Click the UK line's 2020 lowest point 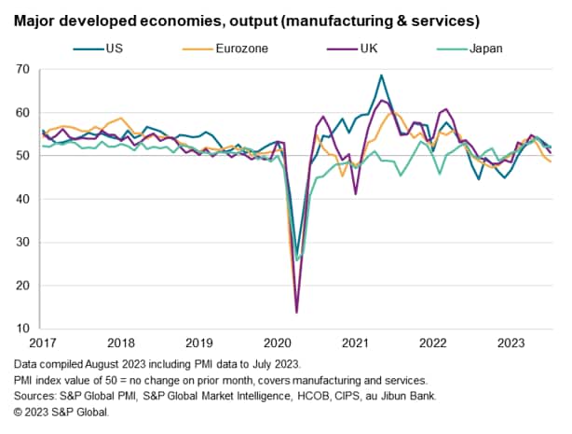coord(296,312)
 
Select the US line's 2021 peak coord(381,76)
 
